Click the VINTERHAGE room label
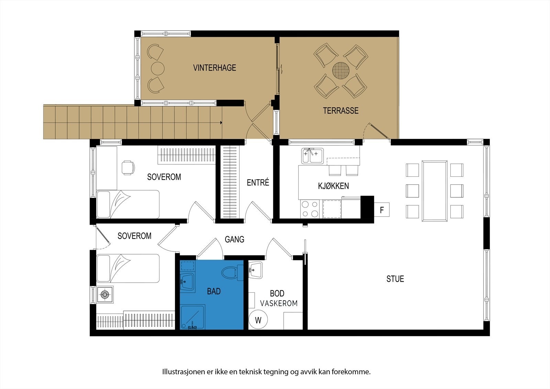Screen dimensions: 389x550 214,68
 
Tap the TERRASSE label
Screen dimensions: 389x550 340,111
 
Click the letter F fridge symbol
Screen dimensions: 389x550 382,209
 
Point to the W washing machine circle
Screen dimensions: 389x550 258,320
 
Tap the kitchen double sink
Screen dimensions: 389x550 312,156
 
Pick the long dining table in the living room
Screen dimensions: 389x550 435,191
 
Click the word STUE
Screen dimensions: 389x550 395,279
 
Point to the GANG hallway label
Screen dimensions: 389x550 234,239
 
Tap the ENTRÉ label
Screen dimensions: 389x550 258,182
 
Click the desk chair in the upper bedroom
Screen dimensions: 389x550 128,168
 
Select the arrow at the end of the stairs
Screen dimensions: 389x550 221,122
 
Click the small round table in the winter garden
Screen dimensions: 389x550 158,68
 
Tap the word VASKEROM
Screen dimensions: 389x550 278,303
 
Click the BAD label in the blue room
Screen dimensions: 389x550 213,291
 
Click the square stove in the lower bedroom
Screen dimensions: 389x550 105,294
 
